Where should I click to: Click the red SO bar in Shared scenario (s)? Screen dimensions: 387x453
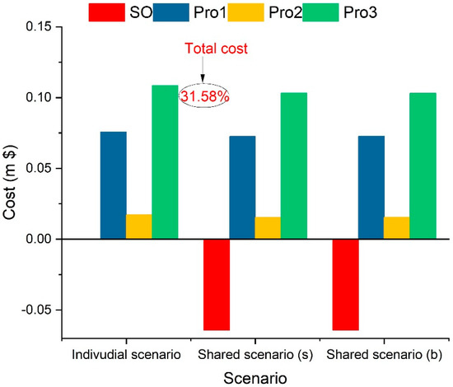click(217, 284)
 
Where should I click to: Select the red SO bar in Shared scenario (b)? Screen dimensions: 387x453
click(345, 284)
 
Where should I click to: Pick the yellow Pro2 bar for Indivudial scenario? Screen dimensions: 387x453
click(139, 226)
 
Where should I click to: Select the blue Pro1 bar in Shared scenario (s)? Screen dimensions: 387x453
click(242, 187)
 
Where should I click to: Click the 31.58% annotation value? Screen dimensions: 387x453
click(203, 96)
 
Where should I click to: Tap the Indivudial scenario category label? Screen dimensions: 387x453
click(126, 353)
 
